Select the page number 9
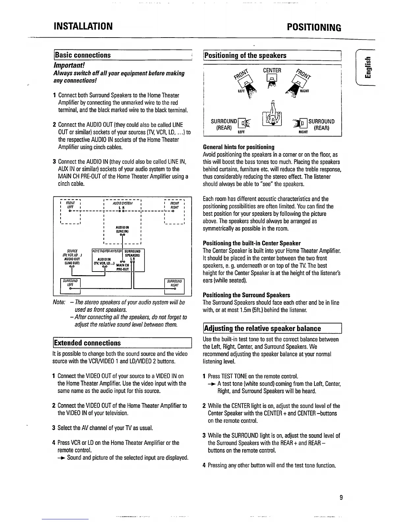[x=341, y=498]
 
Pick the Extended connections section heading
[x=87, y=343]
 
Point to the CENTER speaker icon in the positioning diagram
[x=272, y=78]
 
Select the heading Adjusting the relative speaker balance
[x=262, y=329]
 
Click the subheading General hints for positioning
[x=239, y=147]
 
